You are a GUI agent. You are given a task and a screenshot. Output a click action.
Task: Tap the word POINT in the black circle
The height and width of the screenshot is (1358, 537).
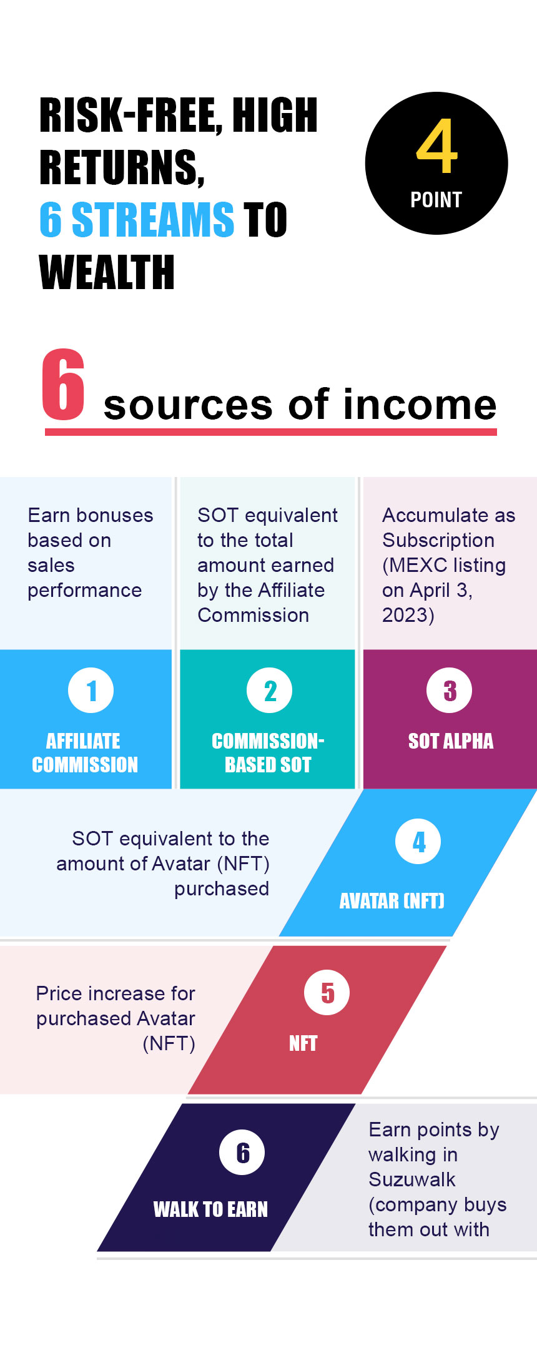(436, 200)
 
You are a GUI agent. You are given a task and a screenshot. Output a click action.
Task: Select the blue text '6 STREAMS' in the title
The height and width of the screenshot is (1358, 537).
(137, 220)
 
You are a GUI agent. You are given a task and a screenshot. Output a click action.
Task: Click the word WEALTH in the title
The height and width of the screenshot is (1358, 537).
(107, 272)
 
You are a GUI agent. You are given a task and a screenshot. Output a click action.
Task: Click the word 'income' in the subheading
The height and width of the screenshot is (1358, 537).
(420, 404)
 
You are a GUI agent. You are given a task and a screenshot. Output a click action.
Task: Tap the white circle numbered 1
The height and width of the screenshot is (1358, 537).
(91, 691)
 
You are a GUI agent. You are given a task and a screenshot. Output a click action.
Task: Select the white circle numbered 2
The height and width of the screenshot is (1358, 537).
(270, 691)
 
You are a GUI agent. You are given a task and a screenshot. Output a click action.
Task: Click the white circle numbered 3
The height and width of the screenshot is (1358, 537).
(450, 691)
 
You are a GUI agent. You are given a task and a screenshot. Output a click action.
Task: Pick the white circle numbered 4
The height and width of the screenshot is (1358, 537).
(418, 842)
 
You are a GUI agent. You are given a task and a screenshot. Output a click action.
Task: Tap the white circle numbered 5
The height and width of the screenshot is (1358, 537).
(327, 993)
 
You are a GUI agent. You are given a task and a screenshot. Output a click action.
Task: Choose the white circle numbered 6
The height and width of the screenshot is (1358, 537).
(242, 1153)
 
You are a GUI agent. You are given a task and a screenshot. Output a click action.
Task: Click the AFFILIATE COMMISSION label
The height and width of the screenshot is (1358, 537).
(85, 753)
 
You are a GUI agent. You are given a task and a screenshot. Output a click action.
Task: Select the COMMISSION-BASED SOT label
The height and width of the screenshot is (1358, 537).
(268, 753)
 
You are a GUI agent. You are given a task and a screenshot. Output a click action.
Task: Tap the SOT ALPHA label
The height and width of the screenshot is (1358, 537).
(451, 741)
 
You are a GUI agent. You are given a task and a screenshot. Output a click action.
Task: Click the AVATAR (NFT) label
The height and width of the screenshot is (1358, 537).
(392, 901)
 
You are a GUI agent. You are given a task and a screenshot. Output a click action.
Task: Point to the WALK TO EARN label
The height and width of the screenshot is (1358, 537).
(210, 1209)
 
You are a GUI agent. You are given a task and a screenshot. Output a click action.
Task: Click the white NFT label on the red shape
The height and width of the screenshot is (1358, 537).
(303, 1043)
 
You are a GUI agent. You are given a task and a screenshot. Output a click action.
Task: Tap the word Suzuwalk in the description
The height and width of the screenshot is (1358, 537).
(412, 1179)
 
